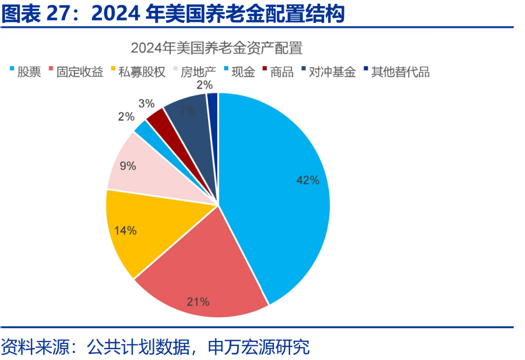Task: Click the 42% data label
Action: point(308,180)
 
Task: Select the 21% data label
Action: point(198,302)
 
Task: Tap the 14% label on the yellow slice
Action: point(125,231)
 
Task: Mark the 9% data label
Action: point(128,166)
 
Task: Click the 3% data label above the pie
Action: point(146,103)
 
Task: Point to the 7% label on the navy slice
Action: point(187,110)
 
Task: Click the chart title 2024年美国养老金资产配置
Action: point(217,49)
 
